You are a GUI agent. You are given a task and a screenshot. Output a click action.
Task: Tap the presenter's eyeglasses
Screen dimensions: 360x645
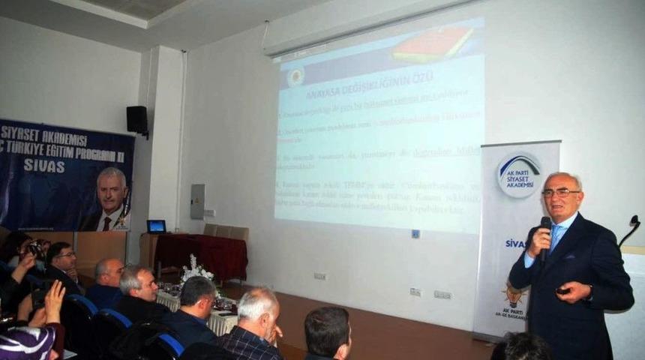click(x=560, y=193)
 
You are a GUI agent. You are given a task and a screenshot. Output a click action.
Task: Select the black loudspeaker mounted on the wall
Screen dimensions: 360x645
click(x=137, y=120)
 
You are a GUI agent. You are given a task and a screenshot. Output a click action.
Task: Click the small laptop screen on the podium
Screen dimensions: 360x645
click(x=156, y=226)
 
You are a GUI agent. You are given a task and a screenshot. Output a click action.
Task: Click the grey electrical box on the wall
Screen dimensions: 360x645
click(x=197, y=201)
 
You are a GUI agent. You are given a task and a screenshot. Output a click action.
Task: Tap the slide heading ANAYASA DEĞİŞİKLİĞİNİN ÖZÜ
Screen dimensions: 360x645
click(x=370, y=76)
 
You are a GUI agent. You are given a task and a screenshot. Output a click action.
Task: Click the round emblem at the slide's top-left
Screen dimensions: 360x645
click(x=295, y=76)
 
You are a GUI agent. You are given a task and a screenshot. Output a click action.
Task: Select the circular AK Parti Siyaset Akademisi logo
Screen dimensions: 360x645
click(x=518, y=175)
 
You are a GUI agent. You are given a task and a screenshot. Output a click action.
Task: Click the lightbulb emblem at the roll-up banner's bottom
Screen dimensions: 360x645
click(x=513, y=293)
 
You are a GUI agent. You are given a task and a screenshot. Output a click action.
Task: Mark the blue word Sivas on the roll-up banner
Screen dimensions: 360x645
click(x=515, y=244)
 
